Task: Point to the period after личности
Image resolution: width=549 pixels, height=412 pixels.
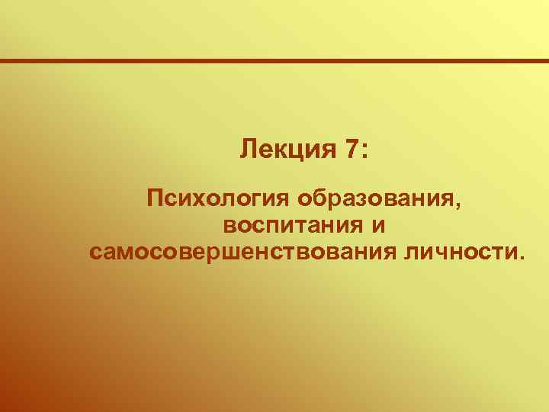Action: [522, 257]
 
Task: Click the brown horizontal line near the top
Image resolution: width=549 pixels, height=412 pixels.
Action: [274, 61]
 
